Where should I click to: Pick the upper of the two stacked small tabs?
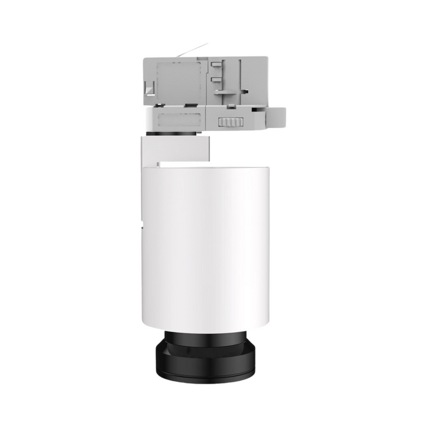[x=214, y=66]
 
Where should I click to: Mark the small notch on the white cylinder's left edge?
[x=144, y=225]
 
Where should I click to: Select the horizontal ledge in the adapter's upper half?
[x=228, y=93]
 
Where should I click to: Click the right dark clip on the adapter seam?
[x=191, y=106]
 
